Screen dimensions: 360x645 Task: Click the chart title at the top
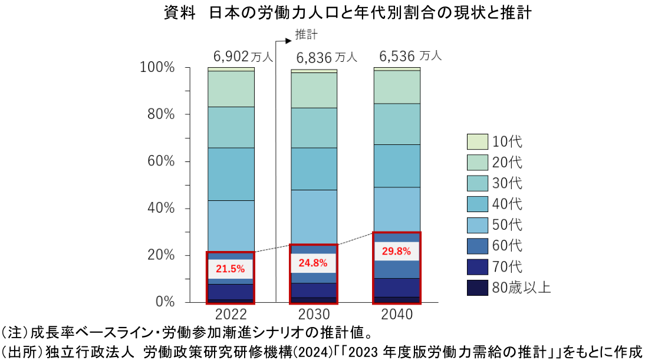pyautogui.click(x=348, y=13)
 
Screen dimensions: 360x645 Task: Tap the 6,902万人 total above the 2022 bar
pyautogui.click(x=242, y=57)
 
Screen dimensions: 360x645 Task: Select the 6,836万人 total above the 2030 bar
pyautogui.click(x=326, y=57)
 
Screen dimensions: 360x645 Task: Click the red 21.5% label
pyautogui.click(x=230, y=269)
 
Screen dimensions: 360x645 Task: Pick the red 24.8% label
pyautogui.click(x=314, y=263)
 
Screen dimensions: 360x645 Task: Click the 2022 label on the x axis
pyautogui.click(x=231, y=313)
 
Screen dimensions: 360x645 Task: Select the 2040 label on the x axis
pyautogui.click(x=397, y=313)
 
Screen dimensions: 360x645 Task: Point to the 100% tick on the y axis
pyautogui.click(x=157, y=68)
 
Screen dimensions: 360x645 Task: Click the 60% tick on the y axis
pyautogui.click(x=161, y=161)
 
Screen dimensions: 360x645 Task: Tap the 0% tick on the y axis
pyautogui.click(x=164, y=302)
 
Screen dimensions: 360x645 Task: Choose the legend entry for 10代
pyautogui.click(x=495, y=142)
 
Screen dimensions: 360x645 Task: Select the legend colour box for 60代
pyautogui.click(x=477, y=246)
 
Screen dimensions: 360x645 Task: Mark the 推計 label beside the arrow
pyautogui.click(x=306, y=35)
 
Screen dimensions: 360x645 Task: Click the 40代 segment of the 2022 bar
pyautogui.click(x=231, y=174)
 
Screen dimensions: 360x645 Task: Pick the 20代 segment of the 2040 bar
pyautogui.click(x=397, y=87)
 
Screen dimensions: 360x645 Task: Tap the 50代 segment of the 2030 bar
pyautogui.click(x=314, y=217)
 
